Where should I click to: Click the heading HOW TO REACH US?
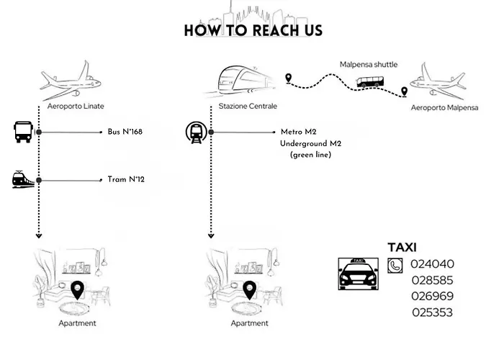click(x=253, y=30)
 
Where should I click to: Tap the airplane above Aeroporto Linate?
click(x=71, y=81)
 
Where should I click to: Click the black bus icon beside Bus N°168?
click(x=22, y=132)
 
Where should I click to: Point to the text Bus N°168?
click(x=125, y=132)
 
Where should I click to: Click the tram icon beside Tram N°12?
click(x=22, y=179)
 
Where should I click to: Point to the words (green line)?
click(x=310, y=155)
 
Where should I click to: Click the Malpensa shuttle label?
click(x=368, y=65)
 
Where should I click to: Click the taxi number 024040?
click(x=432, y=264)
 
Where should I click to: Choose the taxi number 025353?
click(x=432, y=312)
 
